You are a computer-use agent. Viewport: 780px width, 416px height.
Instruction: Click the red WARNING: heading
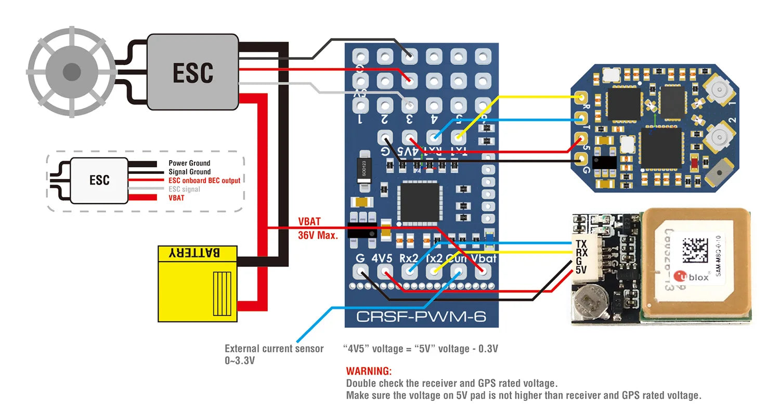coord(369,371)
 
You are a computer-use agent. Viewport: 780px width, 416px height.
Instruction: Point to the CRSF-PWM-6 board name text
coord(421,316)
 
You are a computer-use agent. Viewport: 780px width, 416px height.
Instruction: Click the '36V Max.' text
coord(318,235)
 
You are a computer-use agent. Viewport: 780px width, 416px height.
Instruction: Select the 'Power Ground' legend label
coord(189,163)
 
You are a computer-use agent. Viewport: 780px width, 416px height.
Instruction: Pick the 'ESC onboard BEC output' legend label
coord(204,180)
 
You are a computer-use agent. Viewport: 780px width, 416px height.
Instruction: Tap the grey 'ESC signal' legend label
coord(184,189)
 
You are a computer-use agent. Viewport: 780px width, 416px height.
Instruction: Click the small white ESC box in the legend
coord(99,180)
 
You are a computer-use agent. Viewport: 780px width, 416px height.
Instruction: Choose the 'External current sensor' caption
coord(274,348)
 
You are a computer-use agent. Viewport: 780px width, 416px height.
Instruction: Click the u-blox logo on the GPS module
coord(691,276)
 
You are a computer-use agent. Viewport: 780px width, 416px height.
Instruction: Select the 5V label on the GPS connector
coord(581,270)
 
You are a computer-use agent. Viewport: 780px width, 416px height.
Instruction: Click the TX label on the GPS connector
coord(581,244)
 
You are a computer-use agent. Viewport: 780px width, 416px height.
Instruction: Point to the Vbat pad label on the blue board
coord(484,258)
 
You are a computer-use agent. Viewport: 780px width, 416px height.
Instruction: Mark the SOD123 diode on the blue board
coord(367,167)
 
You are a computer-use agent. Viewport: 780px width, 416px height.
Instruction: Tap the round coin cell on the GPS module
coord(590,304)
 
